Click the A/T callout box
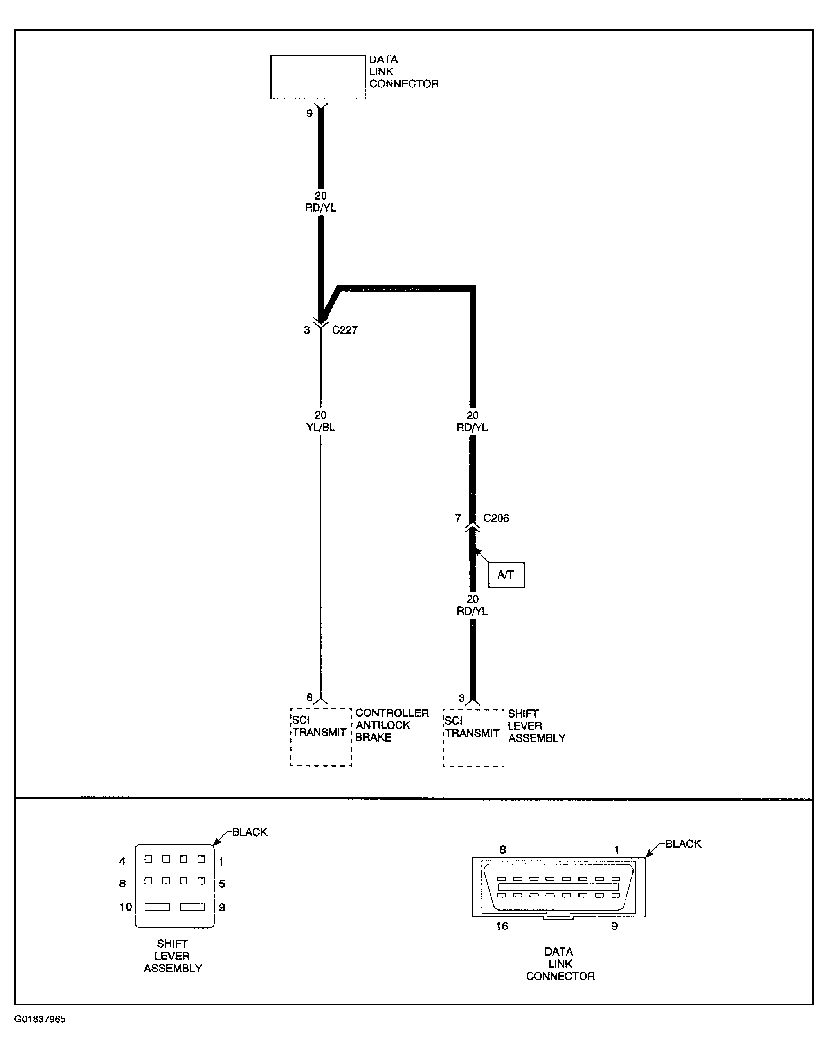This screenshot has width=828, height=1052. point(506,575)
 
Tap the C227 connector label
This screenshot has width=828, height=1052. point(345,330)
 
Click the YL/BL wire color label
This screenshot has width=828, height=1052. point(320,427)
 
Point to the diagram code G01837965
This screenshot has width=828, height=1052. point(40,1019)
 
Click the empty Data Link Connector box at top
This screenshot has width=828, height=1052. point(317,77)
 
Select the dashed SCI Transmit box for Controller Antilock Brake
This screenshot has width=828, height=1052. point(320,737)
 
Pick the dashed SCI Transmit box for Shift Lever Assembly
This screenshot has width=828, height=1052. point(473,737)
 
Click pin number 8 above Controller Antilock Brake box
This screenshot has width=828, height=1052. point(309,697)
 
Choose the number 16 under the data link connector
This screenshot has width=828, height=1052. point(502,926)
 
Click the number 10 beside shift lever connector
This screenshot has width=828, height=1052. point(126,907)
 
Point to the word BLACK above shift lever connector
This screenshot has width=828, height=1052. point(250,832)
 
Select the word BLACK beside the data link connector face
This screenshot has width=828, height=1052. point(683,844)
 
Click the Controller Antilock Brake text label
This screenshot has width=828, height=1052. point(392,725)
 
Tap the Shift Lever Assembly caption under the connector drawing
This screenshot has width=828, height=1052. point(173,956)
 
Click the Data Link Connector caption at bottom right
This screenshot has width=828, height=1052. point(560,964)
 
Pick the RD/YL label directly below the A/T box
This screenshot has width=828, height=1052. point(472,611)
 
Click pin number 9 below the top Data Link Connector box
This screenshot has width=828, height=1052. point(309,114)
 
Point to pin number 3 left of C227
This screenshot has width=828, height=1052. point(306,330)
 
